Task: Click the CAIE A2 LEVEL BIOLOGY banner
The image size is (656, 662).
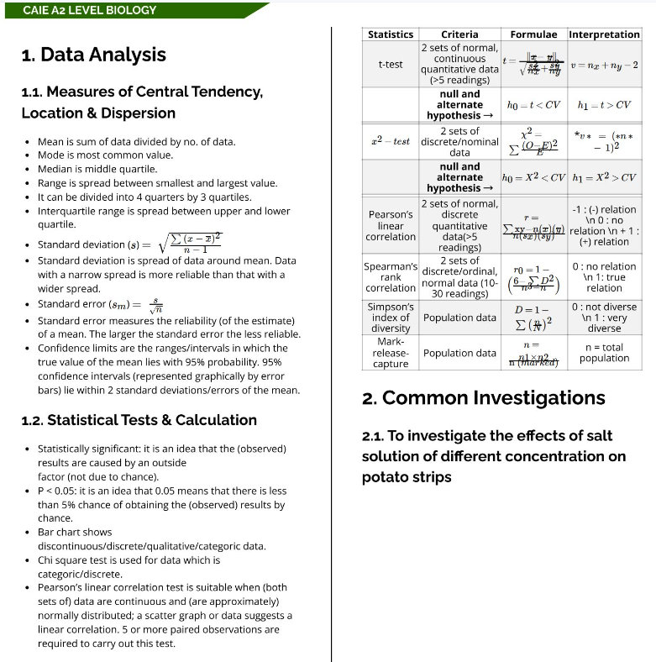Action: coord(90,10)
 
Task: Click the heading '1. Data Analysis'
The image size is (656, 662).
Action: coord(94,55)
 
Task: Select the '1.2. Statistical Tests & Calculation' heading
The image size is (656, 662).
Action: coord(139,420)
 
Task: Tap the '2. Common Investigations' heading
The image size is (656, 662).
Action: coord(483,397)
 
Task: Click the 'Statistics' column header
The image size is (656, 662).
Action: coord(391,34)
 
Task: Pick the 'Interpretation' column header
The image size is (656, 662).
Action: coord(604,34)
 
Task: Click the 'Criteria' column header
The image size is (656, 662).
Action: coord(459,34)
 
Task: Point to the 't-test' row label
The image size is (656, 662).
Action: coord(391,64)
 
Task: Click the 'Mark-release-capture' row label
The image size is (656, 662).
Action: coord(391,353)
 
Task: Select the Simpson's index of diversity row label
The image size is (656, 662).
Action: coord(391,318)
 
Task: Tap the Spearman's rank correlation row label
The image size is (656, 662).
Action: coord(391,277)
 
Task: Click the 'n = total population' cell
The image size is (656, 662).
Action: coord(604,353)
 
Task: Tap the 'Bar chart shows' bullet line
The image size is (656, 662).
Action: coord(75,532)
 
